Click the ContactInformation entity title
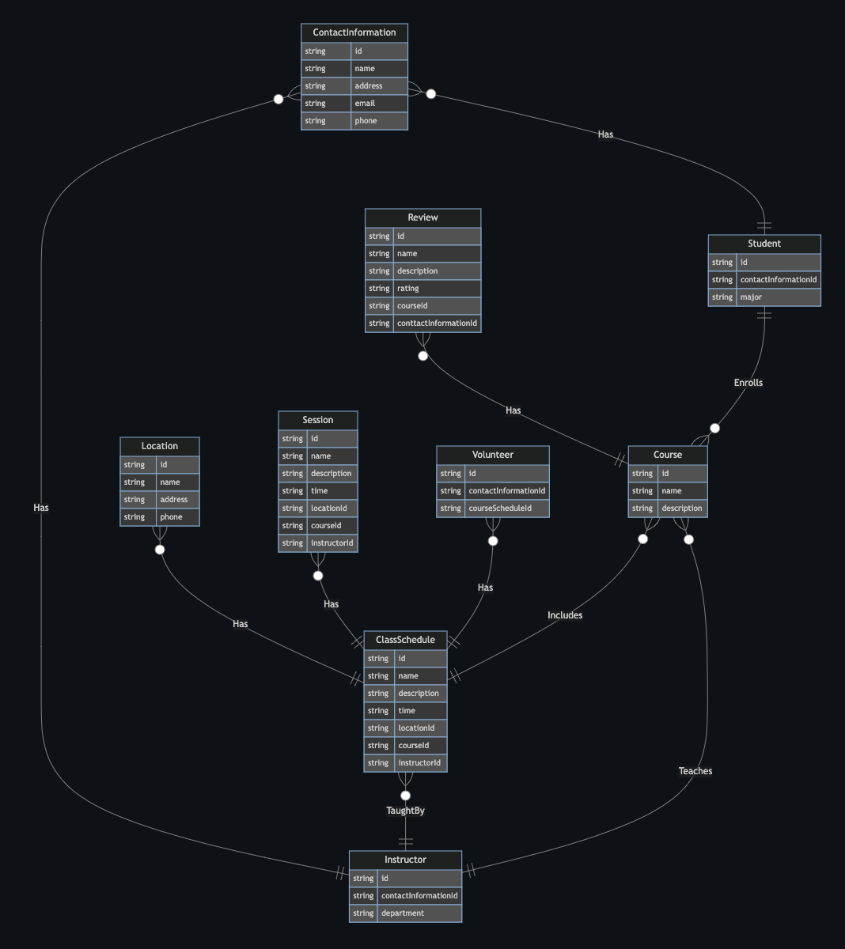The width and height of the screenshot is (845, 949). [x=354, y=32]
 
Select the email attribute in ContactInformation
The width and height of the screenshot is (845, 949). [x=365, y=104]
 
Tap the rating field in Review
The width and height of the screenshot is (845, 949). [x=408, y=289]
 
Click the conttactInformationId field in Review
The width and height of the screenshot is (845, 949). [x=437, y=323]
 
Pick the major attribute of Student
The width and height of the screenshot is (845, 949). [x=751, y=297]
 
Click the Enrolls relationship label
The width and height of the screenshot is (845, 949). [x=748, y=383]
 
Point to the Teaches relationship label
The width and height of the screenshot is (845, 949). [x=695, y=771]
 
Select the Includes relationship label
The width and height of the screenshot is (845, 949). [x=565, y=615]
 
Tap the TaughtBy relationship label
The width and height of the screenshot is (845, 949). [x=405, y=811]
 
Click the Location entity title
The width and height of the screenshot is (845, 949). [x=160, y=446]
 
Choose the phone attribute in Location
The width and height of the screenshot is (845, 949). [x=171, y=517]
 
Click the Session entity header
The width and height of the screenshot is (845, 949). [x=317, y=420]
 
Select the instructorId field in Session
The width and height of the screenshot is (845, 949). [x=332, y=543]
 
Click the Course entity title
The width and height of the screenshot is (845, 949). [x=668, y=455]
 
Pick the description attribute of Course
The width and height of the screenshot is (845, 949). [x=682, y=509]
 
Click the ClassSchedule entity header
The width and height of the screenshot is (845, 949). [x=405, y=640]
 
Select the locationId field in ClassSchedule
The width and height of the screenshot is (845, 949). [x=416, y=728]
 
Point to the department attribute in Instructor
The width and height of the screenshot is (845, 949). [x=403, y=913]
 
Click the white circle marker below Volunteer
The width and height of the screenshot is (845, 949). [x=493, y=542]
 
